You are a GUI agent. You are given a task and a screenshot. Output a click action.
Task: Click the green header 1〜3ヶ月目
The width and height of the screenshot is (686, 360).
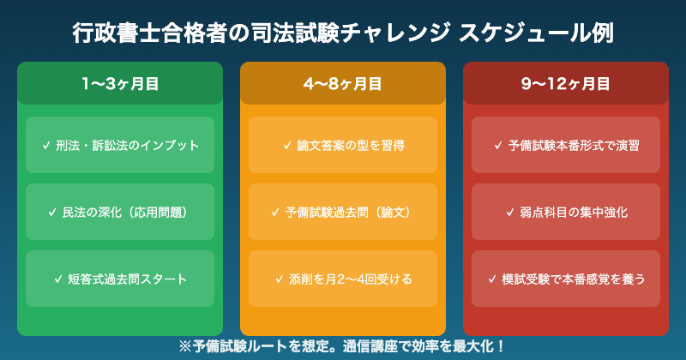[x=120, y=83]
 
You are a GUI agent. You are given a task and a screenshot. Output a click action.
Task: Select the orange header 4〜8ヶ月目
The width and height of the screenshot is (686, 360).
[x=343, y=83]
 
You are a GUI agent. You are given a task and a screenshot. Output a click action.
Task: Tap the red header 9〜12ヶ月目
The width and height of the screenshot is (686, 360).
[x=566, y=83]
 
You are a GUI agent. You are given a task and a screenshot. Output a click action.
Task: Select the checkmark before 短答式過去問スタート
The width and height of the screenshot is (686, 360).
[x=57, y=279]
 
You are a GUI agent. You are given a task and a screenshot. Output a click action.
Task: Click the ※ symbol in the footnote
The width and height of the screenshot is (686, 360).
[x=184, y=346]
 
